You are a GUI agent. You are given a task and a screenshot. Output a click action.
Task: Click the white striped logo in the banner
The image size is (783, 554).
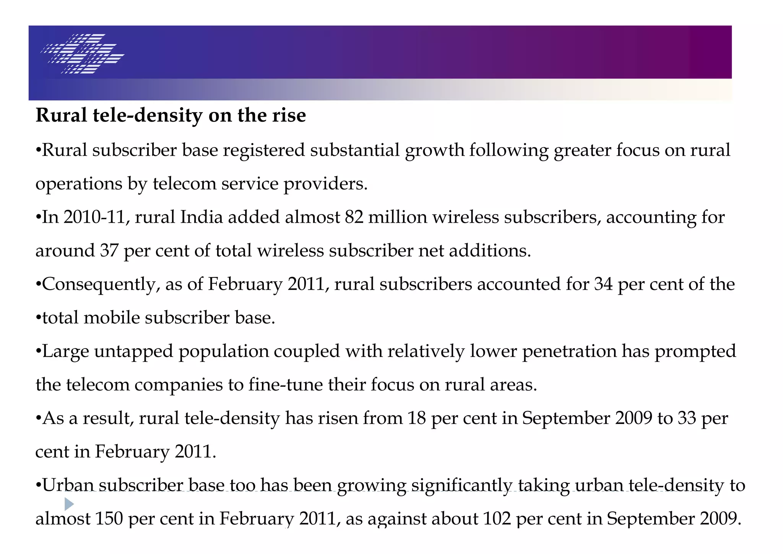tap(82, 54)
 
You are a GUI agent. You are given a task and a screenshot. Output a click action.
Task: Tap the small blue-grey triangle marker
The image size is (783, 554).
tap(69, 504)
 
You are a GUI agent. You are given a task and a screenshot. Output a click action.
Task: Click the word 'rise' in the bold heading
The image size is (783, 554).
tap(289, 115)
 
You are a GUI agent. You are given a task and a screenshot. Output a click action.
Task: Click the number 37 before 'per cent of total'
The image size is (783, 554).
tap(109, 251)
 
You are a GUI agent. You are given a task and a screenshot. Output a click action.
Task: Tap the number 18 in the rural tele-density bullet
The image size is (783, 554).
tap(417, 418)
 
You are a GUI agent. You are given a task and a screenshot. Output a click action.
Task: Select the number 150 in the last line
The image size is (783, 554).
tap(109, 519)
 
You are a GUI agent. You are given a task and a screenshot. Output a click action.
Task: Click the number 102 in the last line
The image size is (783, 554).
tap(497, 519)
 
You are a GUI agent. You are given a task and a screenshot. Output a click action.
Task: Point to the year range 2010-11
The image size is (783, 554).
tap(94, 217)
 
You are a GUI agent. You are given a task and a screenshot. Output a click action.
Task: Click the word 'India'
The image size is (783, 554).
tap(201, 217)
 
